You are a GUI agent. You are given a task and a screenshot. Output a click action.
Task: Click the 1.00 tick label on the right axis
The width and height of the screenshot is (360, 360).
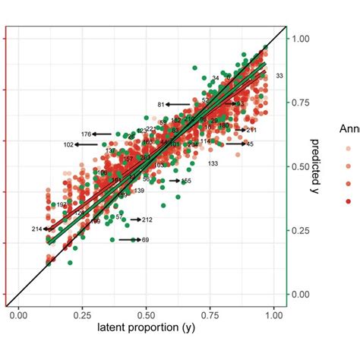302,38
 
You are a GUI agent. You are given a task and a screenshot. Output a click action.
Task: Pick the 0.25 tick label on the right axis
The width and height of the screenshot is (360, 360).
302,230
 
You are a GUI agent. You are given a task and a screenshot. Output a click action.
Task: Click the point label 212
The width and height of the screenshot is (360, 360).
147,220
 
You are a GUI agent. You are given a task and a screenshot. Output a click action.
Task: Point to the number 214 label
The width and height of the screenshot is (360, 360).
37,229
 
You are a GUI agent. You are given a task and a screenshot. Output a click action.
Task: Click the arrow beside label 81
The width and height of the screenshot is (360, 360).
178,104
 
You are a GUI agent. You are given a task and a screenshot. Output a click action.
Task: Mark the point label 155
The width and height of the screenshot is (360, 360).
186,181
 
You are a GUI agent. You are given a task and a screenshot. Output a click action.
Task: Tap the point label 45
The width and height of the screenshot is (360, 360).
250,144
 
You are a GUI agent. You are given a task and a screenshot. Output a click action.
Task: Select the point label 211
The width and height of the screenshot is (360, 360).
251,131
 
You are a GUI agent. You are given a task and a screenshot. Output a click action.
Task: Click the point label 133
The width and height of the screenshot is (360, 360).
213,164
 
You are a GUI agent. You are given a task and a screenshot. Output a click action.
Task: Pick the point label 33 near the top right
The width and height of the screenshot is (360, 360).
280,76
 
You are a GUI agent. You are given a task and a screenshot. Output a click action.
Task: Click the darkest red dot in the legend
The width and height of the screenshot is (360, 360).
348,201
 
